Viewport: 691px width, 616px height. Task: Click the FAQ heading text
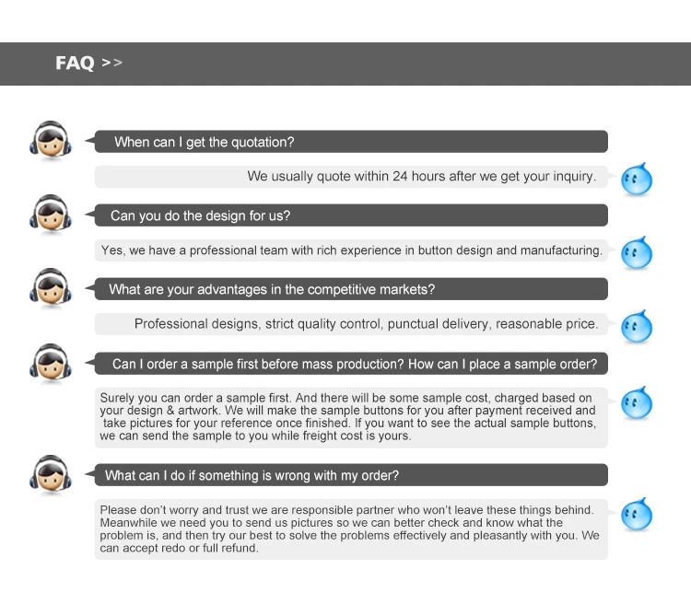pos(75,64)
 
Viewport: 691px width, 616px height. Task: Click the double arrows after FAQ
pos(111,63)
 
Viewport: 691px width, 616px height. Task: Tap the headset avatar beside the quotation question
pos(50,141)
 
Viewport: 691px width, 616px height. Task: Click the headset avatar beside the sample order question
pos(50,362)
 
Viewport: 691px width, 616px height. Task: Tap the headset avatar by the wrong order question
pos(50,473)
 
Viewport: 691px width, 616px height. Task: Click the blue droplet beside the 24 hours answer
pos(636,179)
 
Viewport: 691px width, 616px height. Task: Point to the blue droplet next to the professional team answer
pos(636,252)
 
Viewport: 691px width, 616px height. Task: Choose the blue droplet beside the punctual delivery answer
pos(636,326)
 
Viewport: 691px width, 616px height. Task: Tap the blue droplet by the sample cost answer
pos(636,402)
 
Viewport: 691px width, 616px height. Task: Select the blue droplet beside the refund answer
pos(636,514)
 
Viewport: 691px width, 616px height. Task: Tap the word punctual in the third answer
pos(415,324)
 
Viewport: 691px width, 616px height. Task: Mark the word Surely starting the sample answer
pos(118,398)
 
